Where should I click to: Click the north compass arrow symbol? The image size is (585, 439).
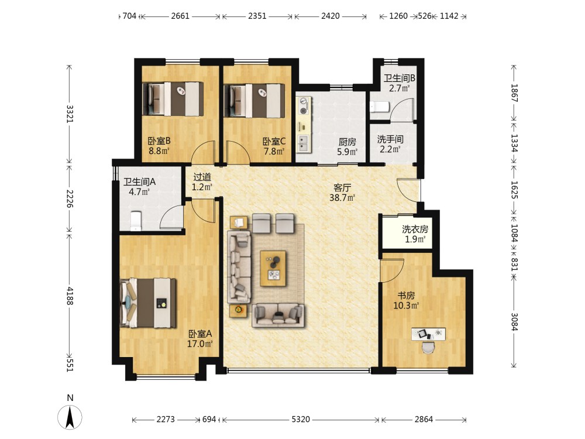tap(70, 417)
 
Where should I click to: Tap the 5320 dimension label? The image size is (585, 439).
tap(301, 420)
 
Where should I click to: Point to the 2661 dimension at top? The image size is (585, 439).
tap(180, 16)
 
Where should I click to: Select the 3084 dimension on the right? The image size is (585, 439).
tap(514, 322)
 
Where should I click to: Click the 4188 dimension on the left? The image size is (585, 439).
tap(70, 296)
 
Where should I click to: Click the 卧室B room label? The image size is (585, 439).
tap(159, 141)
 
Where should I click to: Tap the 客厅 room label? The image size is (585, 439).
tap(342, 188)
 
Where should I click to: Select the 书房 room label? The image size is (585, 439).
tap(407, 296)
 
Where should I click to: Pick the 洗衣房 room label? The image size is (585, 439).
tap(415, 229)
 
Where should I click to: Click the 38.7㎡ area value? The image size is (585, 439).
tap(342, 198)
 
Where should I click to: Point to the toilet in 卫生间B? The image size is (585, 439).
tap(380, 107)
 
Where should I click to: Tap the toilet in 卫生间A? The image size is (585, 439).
tap(136, 221)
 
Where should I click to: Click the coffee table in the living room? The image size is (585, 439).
tap(273, 269)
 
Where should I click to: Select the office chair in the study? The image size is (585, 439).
tap(428, 347)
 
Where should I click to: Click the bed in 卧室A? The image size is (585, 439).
tap(148, 303)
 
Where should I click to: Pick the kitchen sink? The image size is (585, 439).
tap(304, 143)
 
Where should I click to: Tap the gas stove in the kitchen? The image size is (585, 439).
tap(304, 105)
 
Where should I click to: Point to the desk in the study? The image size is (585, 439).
tap(428, 334)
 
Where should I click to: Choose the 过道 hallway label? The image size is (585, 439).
tap(202, 177)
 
